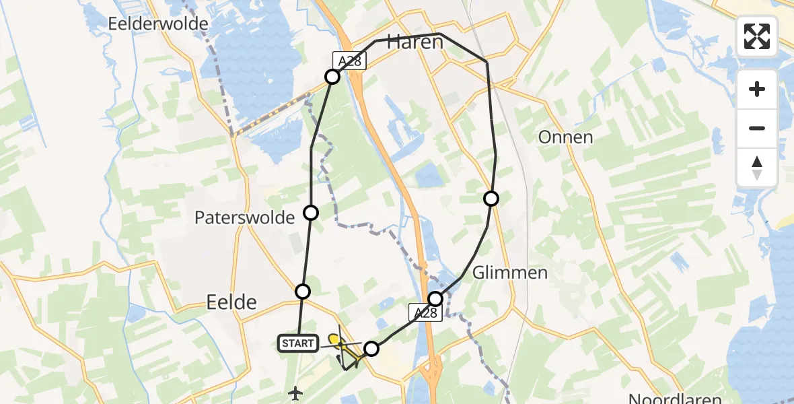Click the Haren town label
pyautogui.click(x=414, y=42)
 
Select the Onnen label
pyautogui.click(x=565, y=137)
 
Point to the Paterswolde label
pyautogui.click(x=244, y=217)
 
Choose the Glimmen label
pyautogui.click(x=510, y=273)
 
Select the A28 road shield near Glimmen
pyautogui.click(x=425, y=312)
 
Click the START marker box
pyautogui.click(x=297, y=343)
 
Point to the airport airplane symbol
pyautogui.click(x=295, y=393)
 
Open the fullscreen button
pyautogui.click(x=757, y=36)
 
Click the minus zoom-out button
pyautogui.click(x=757, y=128)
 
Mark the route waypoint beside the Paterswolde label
pyautogui.click(x=311, y=213)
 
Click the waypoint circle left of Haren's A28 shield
pyautogui.click(x=332, y=77)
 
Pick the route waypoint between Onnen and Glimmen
pyautogui.click(x=491, y=198)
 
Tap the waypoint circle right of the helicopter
pyautogui.click(x=371, y=348)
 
